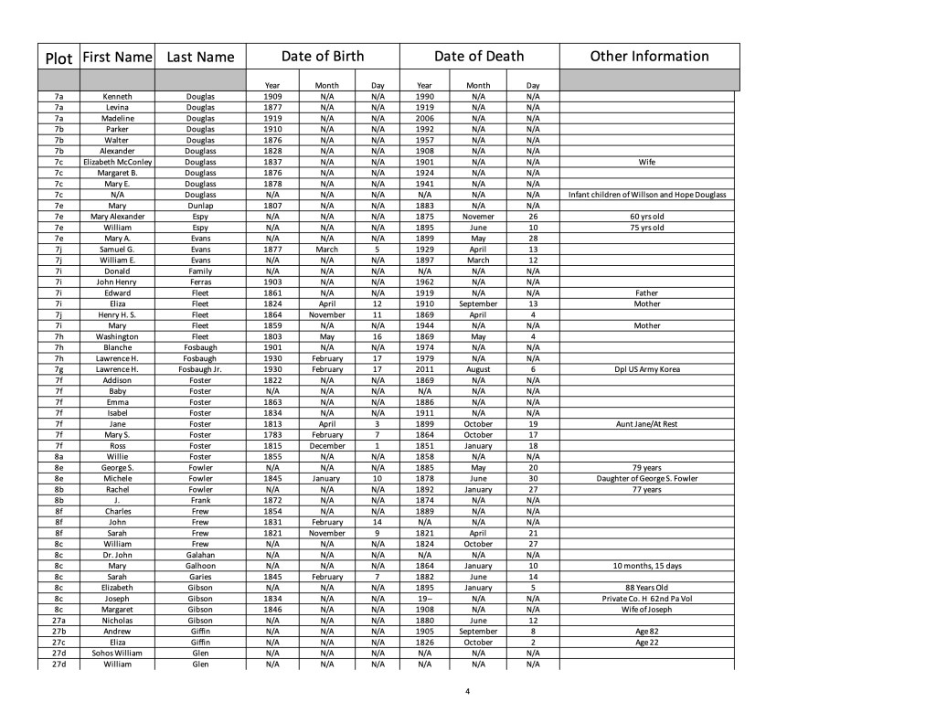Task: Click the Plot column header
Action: point(58,58)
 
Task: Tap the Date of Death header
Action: point(478,56)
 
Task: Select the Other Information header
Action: point(649,56)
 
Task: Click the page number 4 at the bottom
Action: point(467,691)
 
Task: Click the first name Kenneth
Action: point(117,96)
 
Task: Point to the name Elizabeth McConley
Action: point(117,162)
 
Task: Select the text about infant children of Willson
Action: point(647,195)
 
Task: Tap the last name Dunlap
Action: point(200,206)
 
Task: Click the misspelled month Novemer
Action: point(478,217)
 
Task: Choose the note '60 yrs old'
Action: point(647,217)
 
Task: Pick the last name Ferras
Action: point(200,282)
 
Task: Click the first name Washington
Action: point(117,336)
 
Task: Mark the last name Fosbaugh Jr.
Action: point(200,369)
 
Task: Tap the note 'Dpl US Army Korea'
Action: point(647,369)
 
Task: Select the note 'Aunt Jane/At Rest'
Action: point(647,424)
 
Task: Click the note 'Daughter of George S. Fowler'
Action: point(647,478)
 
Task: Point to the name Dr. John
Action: point(117,555)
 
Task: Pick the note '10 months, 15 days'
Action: point(647,566)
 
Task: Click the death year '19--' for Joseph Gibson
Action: point(424,599)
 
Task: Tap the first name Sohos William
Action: point(117,654)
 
